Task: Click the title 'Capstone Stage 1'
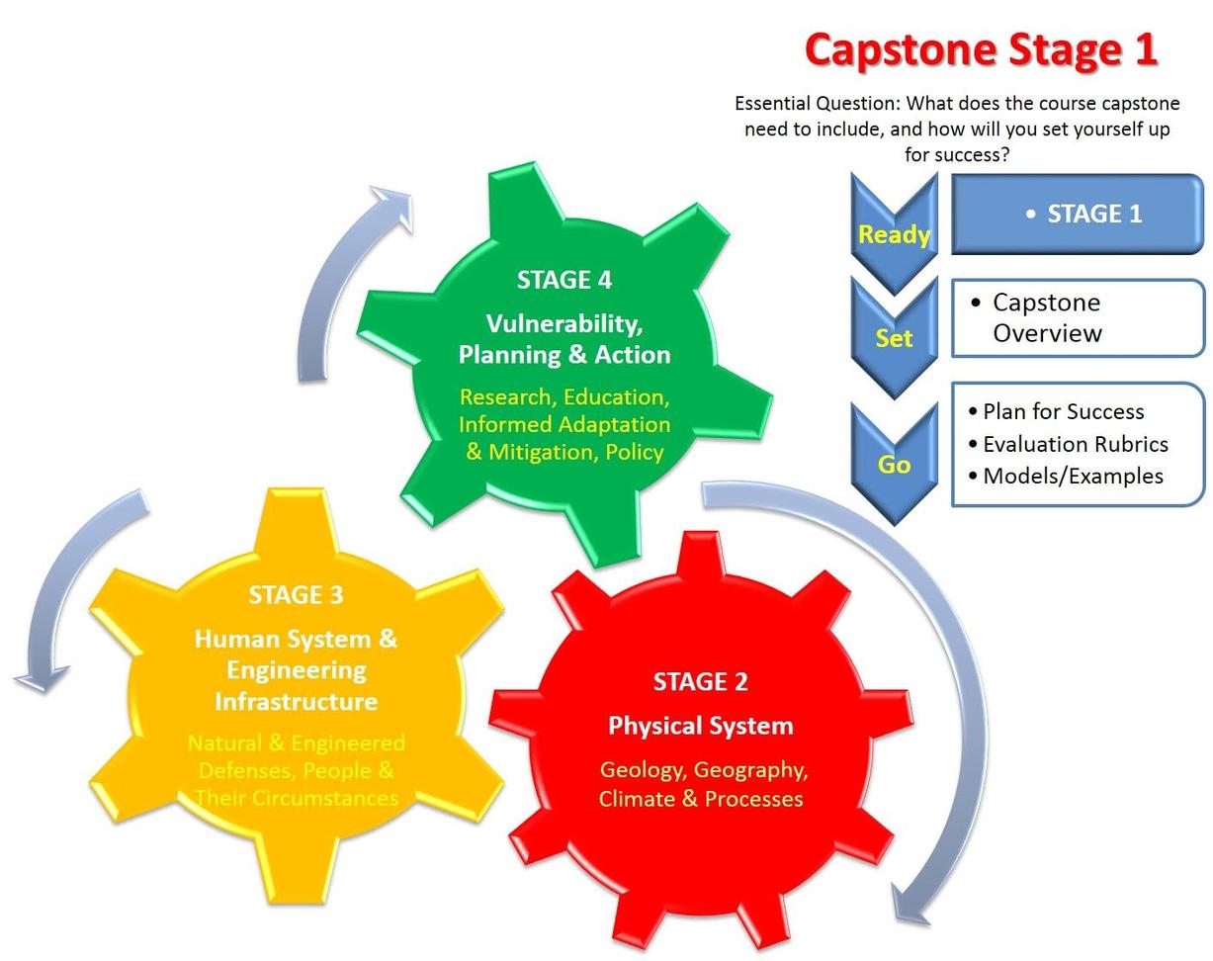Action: [x=980, y=49]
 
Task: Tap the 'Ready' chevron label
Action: [x=894, y=234]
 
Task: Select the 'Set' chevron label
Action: [x=894, y=338]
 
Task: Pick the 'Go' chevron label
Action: [x=894, y=464]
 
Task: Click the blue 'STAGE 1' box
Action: [x=1078, y=214]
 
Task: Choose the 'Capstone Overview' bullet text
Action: [x=1046, y=317]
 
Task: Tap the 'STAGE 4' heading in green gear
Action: [x=563, y=280]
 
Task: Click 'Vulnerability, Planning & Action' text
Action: [x=564, y=339]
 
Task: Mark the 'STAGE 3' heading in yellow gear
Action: [x=296, y=594]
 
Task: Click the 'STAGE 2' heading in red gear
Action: [x=700, y=681]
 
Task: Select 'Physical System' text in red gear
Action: [x=700, y=726]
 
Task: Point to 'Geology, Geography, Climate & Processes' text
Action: [x=702, y=784]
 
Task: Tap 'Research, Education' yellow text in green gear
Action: [x=564, y=396]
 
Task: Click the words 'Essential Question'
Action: [x=817, y=103]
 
